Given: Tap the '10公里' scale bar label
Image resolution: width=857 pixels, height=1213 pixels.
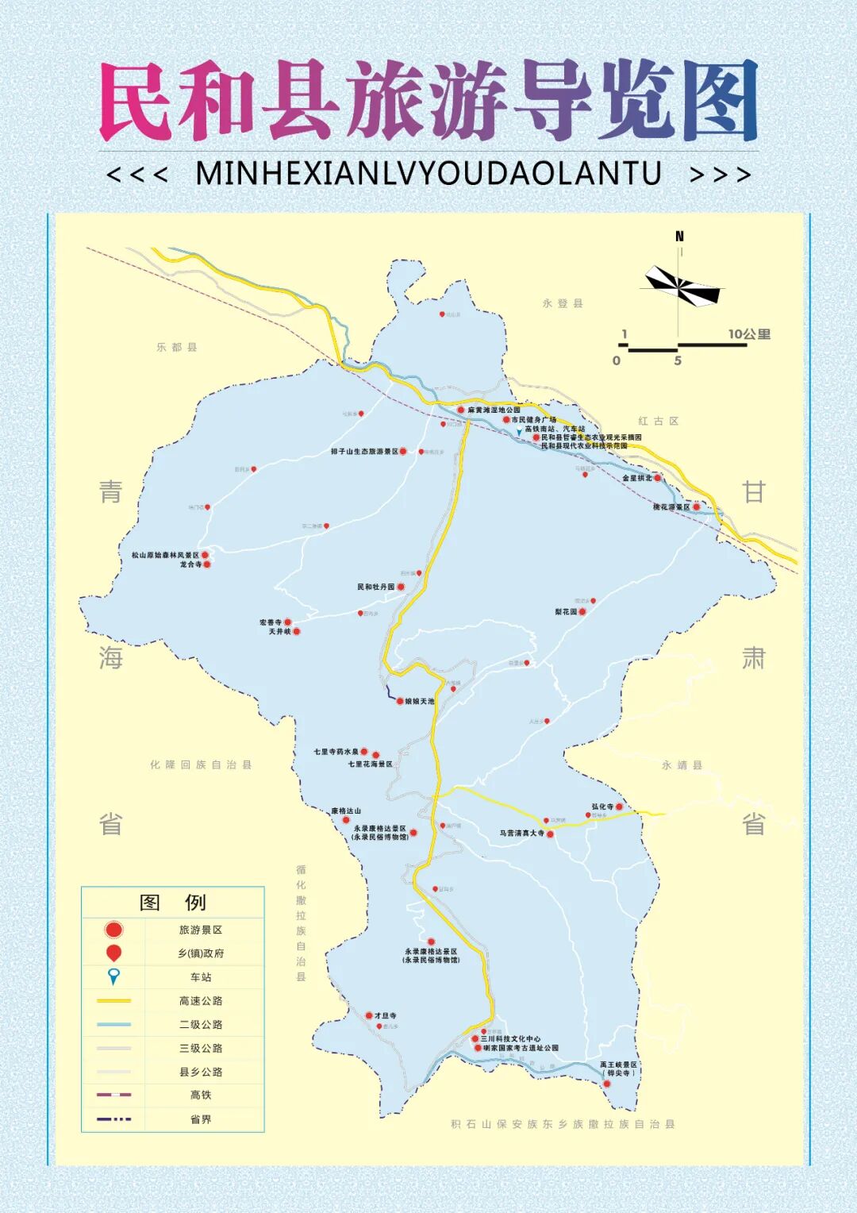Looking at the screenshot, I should tap(749, 334).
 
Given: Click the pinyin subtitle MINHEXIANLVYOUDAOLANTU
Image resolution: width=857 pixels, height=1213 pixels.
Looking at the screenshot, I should tap(428, 174).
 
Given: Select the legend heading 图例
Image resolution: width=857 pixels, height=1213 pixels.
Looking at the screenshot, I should tap(173, 903).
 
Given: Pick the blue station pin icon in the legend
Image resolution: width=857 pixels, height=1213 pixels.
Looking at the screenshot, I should tap(113, 976).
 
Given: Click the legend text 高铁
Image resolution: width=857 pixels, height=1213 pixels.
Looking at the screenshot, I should tap(201, 1096).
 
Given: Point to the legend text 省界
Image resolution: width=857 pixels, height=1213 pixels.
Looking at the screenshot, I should tap(201, 1119).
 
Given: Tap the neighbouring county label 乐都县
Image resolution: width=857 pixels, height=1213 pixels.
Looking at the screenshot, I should tap(177, 348).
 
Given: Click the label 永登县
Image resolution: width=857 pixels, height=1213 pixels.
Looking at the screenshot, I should tap(563, 303).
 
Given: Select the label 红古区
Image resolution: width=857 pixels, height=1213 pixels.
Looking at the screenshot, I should tap(659, 422).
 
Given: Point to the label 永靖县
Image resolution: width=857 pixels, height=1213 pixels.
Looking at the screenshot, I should tap(682, 765).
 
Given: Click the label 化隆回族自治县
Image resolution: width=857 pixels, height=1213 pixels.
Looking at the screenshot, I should tap(201, 765).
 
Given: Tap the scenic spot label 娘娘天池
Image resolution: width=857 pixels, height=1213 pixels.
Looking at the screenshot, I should tap(420, 702).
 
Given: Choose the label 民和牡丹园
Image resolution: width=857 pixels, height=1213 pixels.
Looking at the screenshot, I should tap(375, 587).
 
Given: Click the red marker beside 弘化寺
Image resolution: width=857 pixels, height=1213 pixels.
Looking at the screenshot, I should tap(620, 807).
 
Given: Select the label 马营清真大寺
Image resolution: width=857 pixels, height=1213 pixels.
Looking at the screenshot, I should tap(522, 834).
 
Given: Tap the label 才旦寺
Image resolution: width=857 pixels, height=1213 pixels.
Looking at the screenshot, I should tap(385, 1015).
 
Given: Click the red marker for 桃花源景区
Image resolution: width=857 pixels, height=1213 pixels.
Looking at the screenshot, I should tap(697, 506).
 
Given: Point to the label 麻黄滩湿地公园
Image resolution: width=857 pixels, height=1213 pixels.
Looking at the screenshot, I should tap(494, 410).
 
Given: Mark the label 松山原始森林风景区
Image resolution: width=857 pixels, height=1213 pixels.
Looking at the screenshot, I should tap(165, 555).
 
